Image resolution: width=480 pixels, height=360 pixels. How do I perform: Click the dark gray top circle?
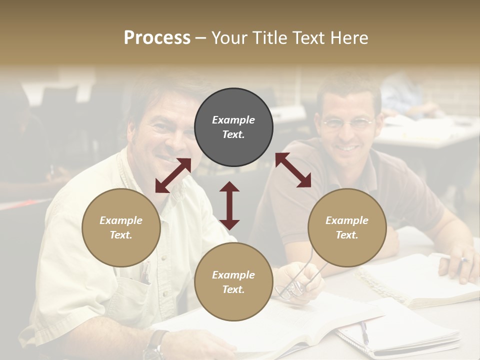233,127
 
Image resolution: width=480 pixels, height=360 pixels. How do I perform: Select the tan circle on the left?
121,227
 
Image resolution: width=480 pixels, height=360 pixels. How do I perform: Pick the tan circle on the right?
347,227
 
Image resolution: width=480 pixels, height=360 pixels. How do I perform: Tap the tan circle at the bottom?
233,282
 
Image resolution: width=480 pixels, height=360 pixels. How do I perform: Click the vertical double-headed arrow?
229,205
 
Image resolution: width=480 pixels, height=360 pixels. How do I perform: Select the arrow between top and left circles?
173,175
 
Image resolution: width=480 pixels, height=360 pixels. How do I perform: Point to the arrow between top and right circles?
293,170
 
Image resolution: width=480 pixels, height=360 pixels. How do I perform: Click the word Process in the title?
157,37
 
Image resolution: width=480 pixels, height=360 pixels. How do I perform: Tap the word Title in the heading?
269,37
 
